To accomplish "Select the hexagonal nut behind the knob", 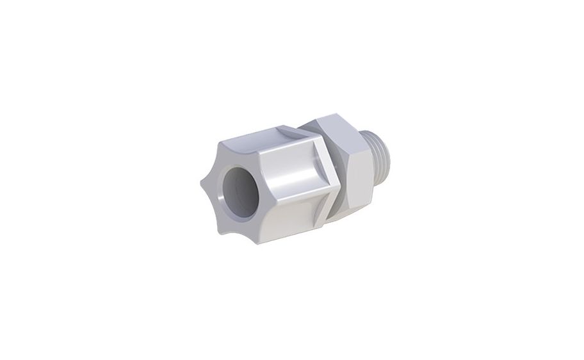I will (x=346, y=167).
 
